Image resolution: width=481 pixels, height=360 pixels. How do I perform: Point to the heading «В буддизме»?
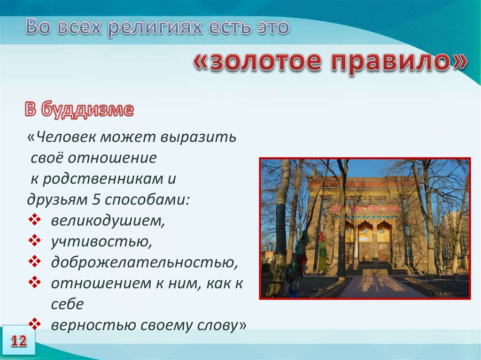click(x=79, y=109)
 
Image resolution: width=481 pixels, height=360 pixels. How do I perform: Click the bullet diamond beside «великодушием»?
click(x=34, y=220)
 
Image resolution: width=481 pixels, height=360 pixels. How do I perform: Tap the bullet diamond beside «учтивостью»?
click(x=34, y=240)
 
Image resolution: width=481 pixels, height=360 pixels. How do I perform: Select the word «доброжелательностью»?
click(x=144, y=262)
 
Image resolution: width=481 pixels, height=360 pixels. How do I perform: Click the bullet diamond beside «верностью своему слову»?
click(x=34, y=324)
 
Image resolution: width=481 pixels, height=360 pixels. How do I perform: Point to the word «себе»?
click(x=67, y=304)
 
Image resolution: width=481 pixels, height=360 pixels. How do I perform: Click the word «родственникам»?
click(x=102, y=179)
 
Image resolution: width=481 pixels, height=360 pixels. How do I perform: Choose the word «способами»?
click(x=147, y=200)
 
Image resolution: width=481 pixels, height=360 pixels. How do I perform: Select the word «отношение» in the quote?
click(x=112, y=158)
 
